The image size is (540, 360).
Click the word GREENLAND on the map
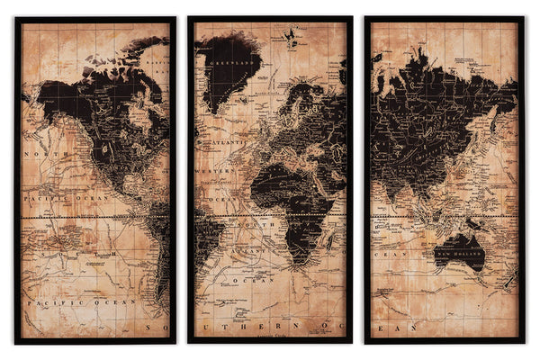[229, 62]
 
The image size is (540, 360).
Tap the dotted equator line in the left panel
[90, 218]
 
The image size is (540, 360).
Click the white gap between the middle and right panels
[359, 180]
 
